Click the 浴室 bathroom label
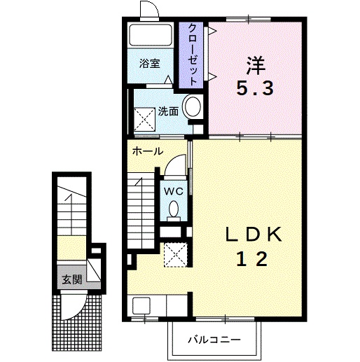click(150, 63)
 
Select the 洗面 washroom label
click(168, 111)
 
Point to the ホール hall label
click(148, 151)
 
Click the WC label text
click(174, 192)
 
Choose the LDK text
click(254, 235)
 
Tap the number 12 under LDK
click(252, 259)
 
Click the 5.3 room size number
click(255, 88)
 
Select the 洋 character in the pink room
click(256, 66)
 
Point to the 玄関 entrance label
click(72, 279)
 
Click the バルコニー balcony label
click(214, 340)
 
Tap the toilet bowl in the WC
click(174, 209)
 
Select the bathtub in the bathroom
click(151, 35)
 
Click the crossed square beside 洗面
click(144, 120)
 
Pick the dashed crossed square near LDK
click(176, 255)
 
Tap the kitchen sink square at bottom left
click(141, 305)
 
